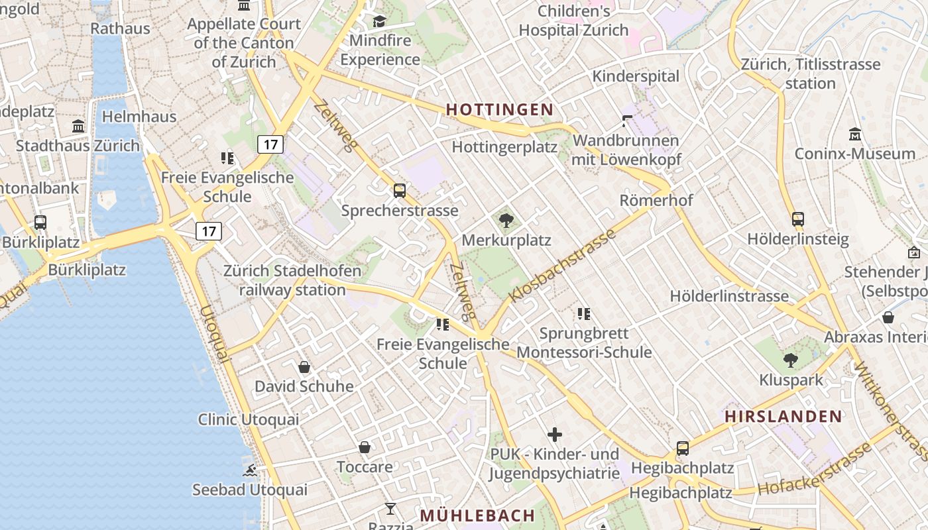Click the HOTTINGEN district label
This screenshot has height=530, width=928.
pyautogui.click(x=499, y=109)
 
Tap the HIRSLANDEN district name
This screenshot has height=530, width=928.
pyautogui.click(x=783, y=417)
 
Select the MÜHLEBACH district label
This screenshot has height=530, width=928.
pyautogui.click(x=477, y=515)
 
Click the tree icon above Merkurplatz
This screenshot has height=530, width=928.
pyautogui.click(x=506, y=221)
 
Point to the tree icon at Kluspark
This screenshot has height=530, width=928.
pyautogui.click(x=790, y=360)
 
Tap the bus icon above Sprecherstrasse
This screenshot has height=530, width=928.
pyautogui.click(x=399, y=191)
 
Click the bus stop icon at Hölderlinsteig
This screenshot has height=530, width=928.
pyautogui.click(x=797, y=219)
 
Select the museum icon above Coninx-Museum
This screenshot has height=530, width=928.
pyautogui.click(x=854, y=134)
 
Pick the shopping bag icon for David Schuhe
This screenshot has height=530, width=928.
pyautogui.click(x=304, y=366)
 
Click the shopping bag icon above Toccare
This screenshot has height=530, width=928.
pyautogui.click(x=364, y=447)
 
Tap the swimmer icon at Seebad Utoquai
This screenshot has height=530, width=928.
pyautogui.click(x=250, y=470)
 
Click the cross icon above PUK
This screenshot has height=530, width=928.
pyautogui.click(x=555, y=435)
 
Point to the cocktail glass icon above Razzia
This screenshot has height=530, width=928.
pyautogui.click(x=390, y=509)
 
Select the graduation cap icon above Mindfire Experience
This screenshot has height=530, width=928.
pyautogui.click(x=379, y=22)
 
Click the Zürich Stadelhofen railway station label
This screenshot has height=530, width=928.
pyautogui.click(x=292, y=280)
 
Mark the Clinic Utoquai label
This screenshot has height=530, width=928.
pyautogui.click(x=249, y=419)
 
